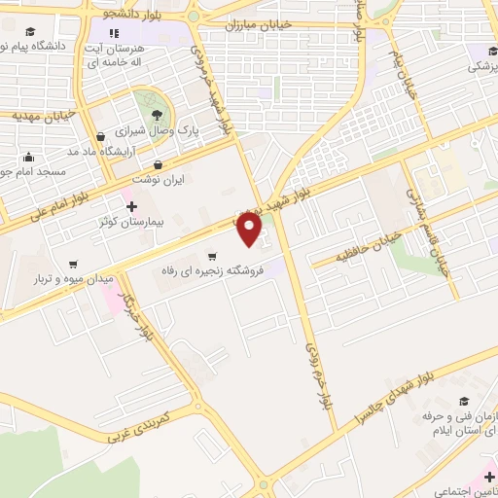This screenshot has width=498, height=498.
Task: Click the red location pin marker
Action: pyautogui.click(x=250, y=230)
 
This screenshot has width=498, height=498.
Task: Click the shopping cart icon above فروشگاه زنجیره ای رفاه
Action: pyautogui.click(x=212, y=256)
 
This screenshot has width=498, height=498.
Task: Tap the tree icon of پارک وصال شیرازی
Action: pyautogui.click(x=156, y=111)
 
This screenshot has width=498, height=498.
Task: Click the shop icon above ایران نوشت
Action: pyautogui.click(x=159, y=163)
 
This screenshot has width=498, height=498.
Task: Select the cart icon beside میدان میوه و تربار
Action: pyautogui.click(x=73, y=264)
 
